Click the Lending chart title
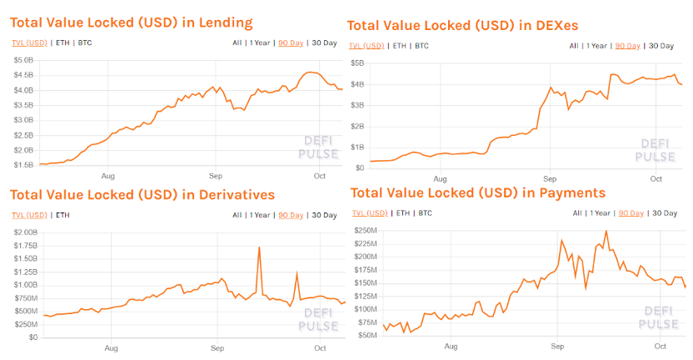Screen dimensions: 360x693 (131, 22)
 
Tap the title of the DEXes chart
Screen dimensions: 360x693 (462, 26)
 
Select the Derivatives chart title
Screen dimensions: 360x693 (142, 195)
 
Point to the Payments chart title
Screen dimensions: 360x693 (477, 193)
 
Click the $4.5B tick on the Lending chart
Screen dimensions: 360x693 (23, 75)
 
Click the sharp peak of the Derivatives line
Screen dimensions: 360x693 (260, 247)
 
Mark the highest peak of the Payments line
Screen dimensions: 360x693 (606, 232)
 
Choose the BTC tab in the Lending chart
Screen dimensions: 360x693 (85, 42)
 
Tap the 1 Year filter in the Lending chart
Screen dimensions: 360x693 (259, 42)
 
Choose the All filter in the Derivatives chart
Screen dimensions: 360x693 (237, 215)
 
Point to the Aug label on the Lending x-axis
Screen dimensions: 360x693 (107, 177)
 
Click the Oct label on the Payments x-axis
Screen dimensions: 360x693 (661, 346)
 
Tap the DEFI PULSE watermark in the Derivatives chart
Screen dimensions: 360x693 (318, 319)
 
